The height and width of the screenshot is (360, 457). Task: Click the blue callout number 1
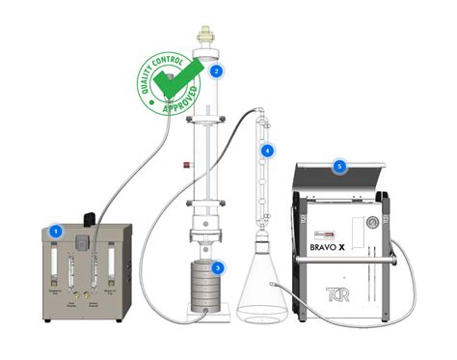(x=56, y=232)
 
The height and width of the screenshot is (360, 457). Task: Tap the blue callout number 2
(x=217, y=70)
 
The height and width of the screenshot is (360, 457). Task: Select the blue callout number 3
(x=218, y=267)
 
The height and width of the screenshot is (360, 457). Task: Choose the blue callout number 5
(x=339, y=166)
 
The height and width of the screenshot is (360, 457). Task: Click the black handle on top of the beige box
(x=89, y=217)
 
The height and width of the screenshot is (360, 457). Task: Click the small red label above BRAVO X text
(x=333, y=232)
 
